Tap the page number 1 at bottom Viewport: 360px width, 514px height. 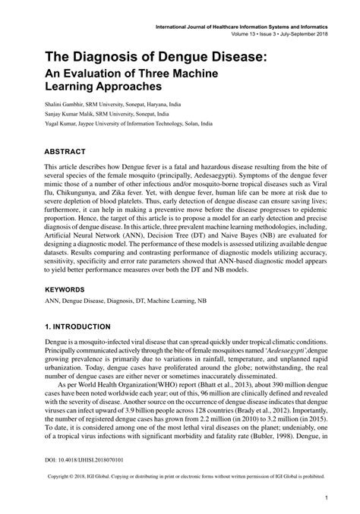(x=325, y=498)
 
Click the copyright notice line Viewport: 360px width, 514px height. (x=181, y=478)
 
